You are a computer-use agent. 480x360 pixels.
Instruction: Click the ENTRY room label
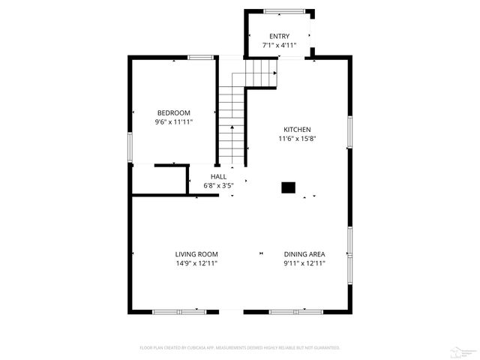tap(279, 36)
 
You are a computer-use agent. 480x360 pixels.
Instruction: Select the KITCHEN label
tap(296, 129)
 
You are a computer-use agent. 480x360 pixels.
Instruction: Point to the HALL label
tap(218, 176)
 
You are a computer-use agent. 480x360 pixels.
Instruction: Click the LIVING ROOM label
tap(196, 253)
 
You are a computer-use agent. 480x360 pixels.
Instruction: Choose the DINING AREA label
tap(304, 253)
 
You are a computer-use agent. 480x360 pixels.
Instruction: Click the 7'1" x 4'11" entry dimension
tap(279, 45)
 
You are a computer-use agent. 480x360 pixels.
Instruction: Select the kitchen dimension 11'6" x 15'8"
tap(296, 138)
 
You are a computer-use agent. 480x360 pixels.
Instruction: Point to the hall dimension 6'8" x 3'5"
tap(218, 185)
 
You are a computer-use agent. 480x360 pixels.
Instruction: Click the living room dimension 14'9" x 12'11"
tap(196, 262)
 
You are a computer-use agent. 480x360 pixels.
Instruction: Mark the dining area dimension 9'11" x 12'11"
tap(304, 262)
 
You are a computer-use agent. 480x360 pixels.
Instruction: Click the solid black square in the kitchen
tap(288, 188)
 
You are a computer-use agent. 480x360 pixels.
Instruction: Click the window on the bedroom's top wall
tap(200, 57)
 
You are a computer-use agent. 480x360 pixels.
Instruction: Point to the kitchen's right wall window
tap(349, 132)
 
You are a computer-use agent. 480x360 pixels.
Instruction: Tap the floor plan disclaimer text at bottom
tap(240, 348)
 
